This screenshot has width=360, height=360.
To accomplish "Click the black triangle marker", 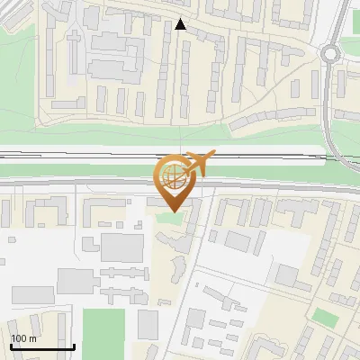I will (181, 25).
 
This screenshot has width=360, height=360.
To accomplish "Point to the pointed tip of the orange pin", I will (175, 211).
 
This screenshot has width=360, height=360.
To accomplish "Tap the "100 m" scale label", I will (23, 338).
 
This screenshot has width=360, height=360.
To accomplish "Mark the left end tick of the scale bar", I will (11, 346).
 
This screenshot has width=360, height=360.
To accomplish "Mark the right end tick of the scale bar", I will (74, 346).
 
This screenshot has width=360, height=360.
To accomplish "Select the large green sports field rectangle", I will (103, 333).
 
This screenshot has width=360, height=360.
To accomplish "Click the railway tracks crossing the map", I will (90, 157).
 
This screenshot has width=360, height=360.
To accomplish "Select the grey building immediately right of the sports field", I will (148, 324).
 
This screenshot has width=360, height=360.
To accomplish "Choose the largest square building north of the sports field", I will (121, 247).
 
